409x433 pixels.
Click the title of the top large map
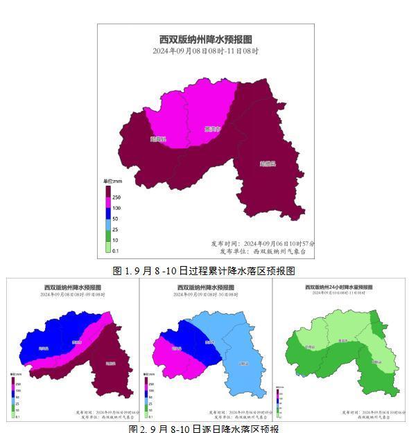[205, 39]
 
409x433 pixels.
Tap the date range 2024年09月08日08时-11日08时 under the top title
[205, 51]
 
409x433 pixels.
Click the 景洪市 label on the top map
[212, 129]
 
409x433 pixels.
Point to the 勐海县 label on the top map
[159, 139]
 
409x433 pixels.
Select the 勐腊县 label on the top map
[268, 164]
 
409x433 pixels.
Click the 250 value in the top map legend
[116, 197]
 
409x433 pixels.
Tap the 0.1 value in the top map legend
[116, 251]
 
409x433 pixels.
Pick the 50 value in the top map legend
[116, 219]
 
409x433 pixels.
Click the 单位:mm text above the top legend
[112, 182]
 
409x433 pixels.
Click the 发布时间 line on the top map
[263, 244]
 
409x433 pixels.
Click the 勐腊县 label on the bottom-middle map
[243, 363]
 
